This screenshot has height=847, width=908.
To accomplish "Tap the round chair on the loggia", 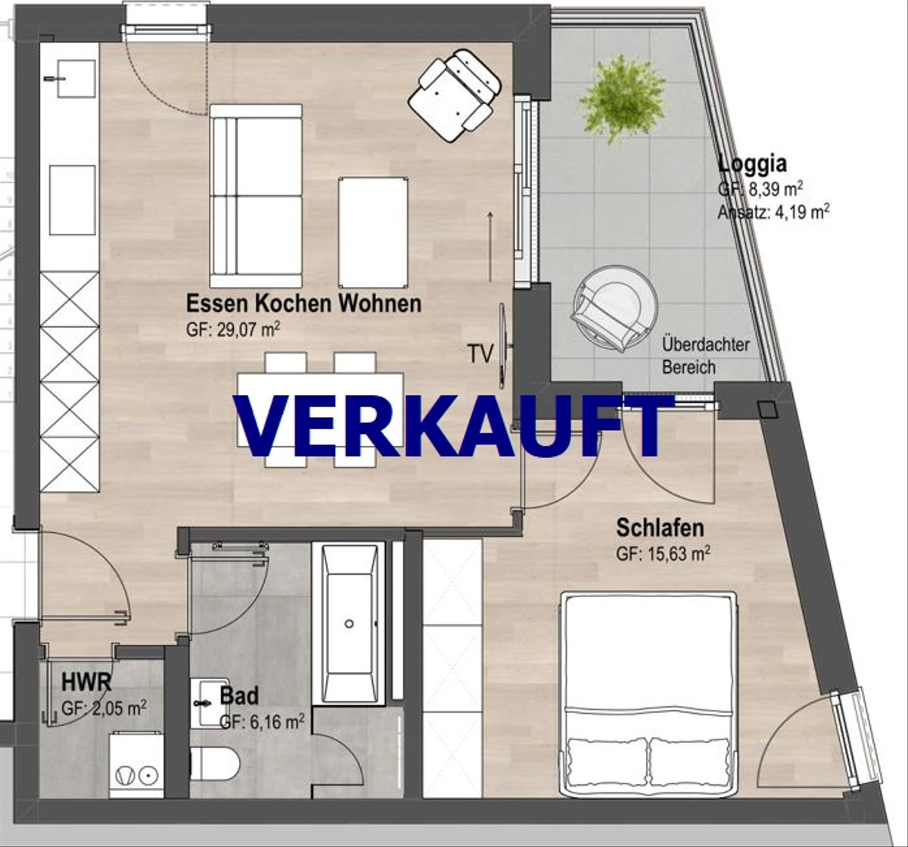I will (614, 308).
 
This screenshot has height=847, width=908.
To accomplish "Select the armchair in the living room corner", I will (454, 94).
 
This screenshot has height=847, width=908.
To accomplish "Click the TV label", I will (480, 353).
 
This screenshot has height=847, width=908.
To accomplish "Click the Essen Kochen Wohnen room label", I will (303, 304).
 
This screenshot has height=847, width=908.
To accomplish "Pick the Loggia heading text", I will (752, 163).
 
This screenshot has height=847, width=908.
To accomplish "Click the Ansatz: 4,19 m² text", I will (773, 213).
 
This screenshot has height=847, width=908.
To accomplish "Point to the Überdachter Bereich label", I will (705, 356).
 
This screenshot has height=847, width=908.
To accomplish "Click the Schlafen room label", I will (660, 528).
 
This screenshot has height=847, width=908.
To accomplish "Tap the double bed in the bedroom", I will (648, 693).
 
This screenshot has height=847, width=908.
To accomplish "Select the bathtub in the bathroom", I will (350, 623).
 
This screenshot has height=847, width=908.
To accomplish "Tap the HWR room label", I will (86, 683).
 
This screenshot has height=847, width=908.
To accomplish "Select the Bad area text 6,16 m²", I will (262, 722).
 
